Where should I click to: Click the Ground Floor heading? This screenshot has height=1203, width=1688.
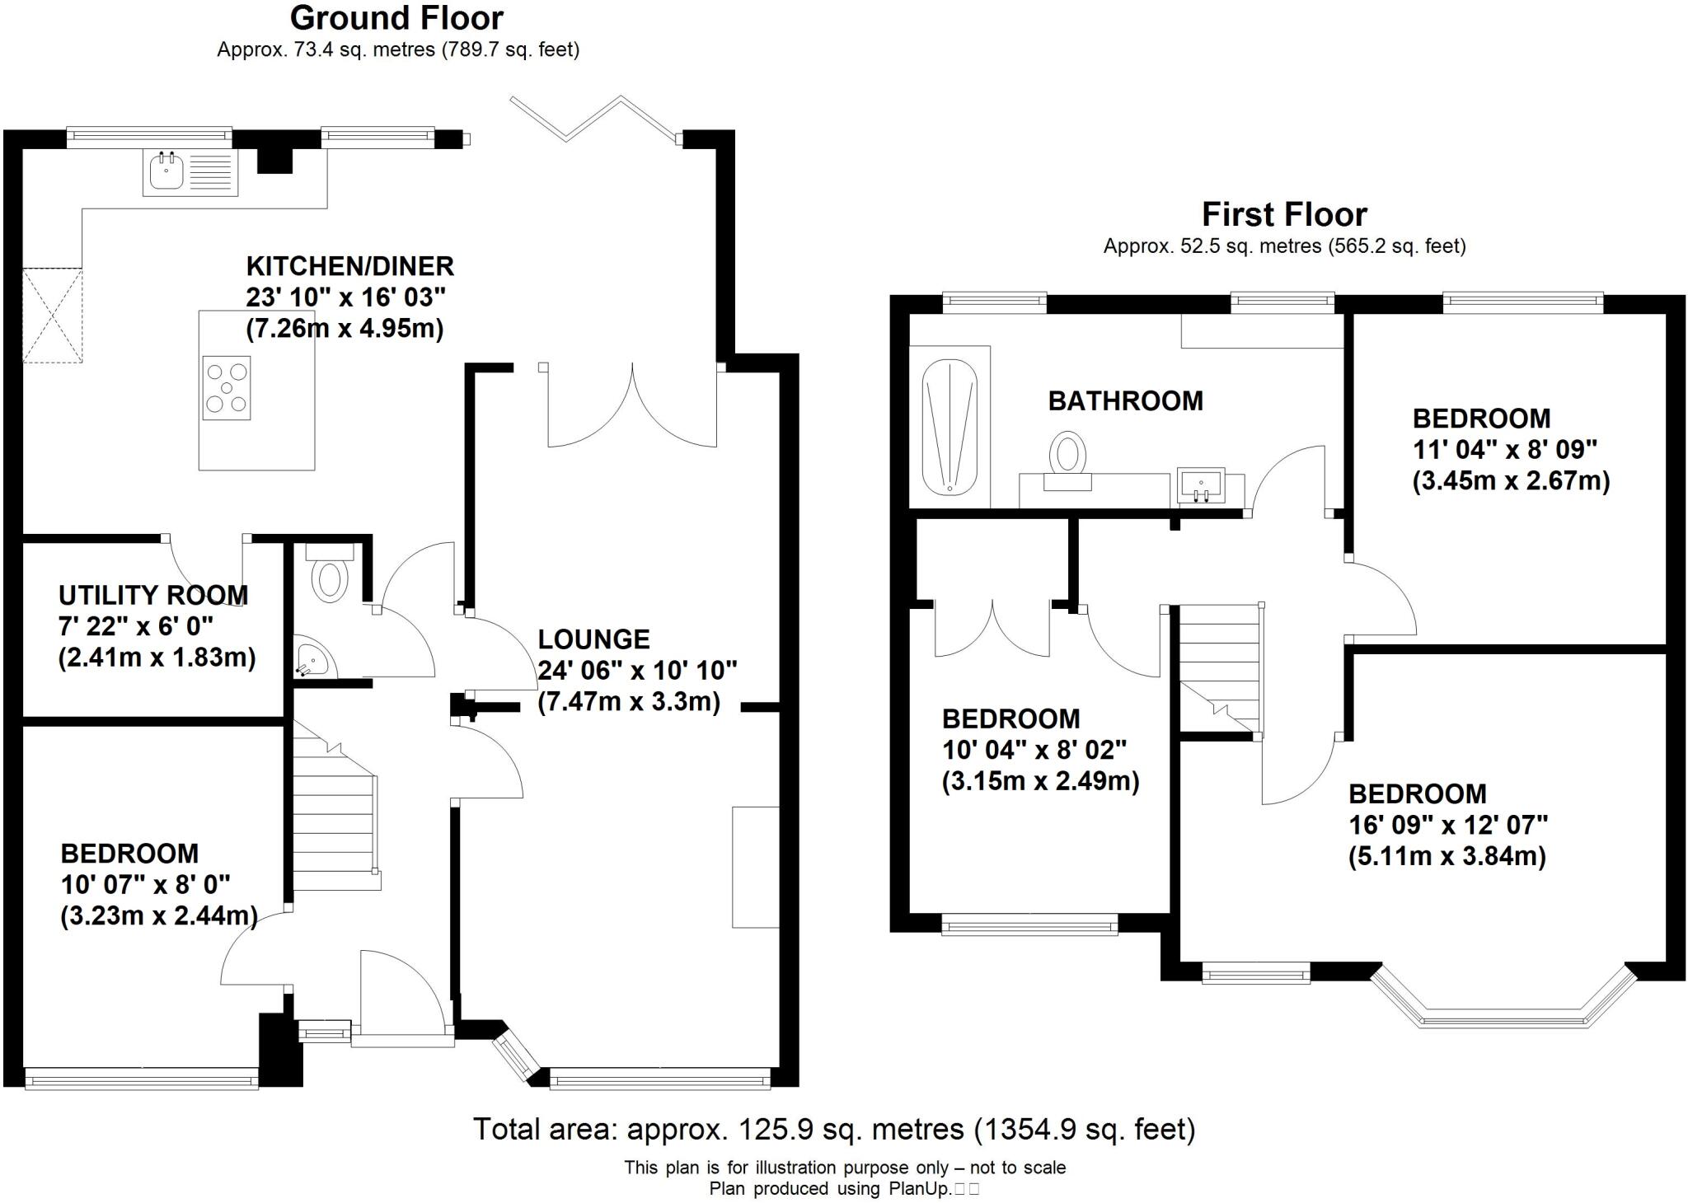pyautogui.click(x=396, y=18)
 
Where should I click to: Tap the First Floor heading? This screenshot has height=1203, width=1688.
pyautogui.click(x=1284, y=215)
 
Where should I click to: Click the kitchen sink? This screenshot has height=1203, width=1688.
pyautogui.click(x=190, y=172)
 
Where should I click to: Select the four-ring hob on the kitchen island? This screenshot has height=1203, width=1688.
pyautogui.click(x=227, y=388)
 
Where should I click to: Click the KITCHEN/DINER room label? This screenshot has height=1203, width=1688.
pyautogui.click(x=349, y=266)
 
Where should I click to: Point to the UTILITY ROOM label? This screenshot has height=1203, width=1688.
pyautogui.click(x=153, y=595)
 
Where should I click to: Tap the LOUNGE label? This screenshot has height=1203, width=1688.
pyautogui.click(x=593, y=639)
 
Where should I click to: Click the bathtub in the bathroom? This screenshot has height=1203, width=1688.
pyautogui.click(x=949, y=426)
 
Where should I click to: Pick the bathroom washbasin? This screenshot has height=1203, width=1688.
pyautogui.click(x=1200, y=485)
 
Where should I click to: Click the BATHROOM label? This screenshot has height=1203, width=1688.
pyautogui.click(x=1125, y=401)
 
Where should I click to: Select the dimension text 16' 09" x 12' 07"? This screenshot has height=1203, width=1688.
pyautogui.click(x=1448, y=825)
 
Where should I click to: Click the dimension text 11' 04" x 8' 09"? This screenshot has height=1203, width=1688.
pyautogui.click(x=1505, y=450)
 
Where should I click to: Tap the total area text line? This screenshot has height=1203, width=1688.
pyautogui.click(x=834, y=1129)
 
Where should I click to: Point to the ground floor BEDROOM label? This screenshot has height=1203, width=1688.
pyautogui.click(x=129, y=854)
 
